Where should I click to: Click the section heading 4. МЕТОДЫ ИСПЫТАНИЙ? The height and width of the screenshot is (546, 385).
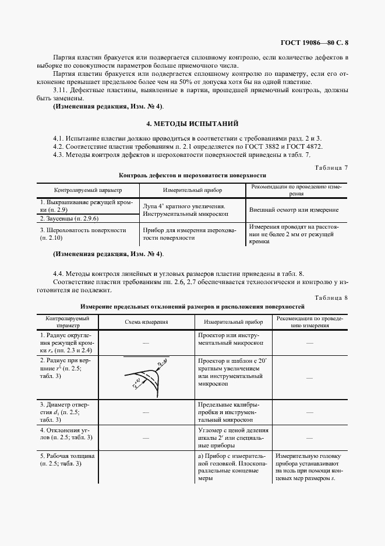point(192,124)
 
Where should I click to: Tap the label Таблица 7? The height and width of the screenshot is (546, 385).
point(330,167)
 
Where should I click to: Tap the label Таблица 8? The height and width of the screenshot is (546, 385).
point(330,297)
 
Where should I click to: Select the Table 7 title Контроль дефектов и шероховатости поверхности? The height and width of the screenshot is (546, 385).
point(192,175)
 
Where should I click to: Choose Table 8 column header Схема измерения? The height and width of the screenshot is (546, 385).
point(146,321)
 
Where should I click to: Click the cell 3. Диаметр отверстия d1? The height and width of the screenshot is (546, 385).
point(66,411)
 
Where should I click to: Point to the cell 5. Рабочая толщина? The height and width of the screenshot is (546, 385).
point(66,459)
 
